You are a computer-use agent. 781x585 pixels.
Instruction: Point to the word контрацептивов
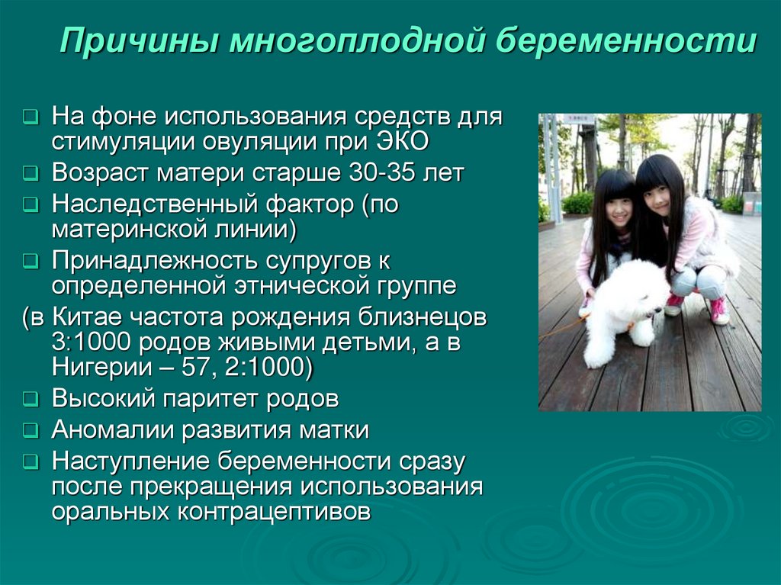tap(275, 511)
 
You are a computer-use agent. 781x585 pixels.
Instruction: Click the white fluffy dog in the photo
tap(622, 309)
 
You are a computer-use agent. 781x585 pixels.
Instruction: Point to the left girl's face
tap(619, 211)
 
